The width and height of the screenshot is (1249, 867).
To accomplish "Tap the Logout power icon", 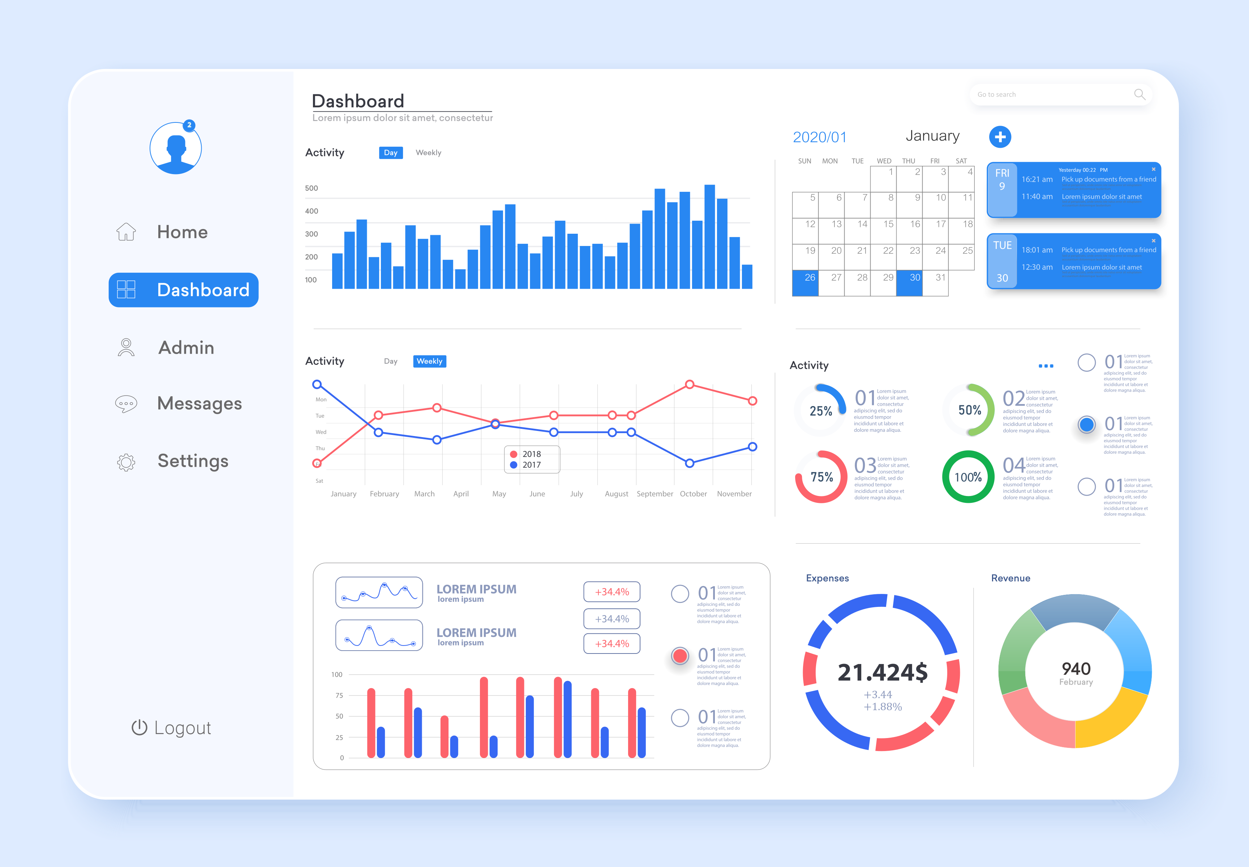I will (x=139, y=728).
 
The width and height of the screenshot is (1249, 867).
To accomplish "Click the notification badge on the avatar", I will (x=189, y=125).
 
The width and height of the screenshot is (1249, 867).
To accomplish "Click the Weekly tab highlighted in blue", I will (x=429, y=361).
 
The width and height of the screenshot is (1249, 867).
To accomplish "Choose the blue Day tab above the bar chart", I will (x=390, y=153).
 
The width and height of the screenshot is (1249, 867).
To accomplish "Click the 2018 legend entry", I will (x=526, y=454).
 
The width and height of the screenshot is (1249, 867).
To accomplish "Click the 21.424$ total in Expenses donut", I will (x=882, y=673).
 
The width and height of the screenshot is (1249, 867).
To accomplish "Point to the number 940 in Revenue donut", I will (x=1076, y=669).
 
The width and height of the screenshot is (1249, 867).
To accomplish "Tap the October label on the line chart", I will (x=693, y=494).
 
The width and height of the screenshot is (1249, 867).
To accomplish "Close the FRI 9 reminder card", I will (x=1153, y=169).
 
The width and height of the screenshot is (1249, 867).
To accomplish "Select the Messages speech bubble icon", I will (x=126, y=404).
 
